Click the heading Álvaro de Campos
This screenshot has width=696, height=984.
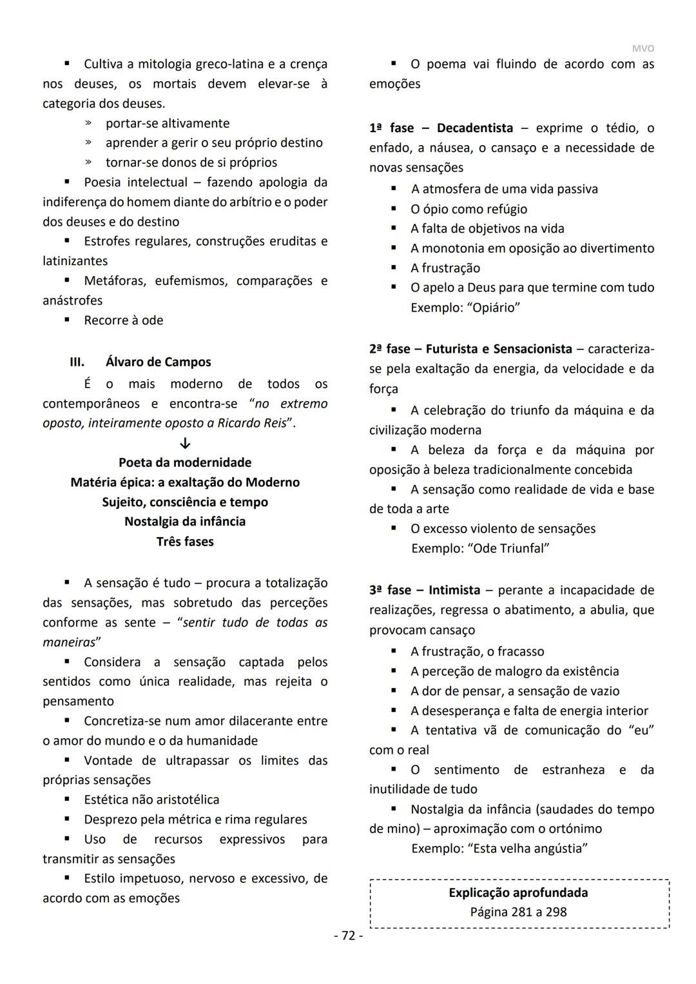pyautogui.click(x=158, y=362)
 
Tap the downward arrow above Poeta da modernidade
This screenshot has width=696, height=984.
pyautogui.click(x=185, y=444)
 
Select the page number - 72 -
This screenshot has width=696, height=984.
pyautogui.click(x=348, y=936)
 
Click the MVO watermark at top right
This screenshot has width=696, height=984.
pyautogui.click(x=643, y=48)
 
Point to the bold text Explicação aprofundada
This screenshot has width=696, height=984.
pyautogui.click(x=518, y=892)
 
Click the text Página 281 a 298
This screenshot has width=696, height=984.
pyautogui.click(x=518, y=912)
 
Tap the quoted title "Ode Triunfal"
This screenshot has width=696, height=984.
pyautogui.click(x=508, y=548)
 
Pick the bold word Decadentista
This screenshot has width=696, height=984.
pyautogui.click(x=475, y=128)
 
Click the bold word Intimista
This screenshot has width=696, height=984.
pyautogui.click(x=454, y=590)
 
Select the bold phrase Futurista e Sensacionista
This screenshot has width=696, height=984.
pyautogui.click(x=499, y=349)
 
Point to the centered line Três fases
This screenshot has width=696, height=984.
pyautogui.click(x=185, y=542)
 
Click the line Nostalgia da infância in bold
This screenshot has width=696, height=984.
pyautogui.click(x=185, y=521)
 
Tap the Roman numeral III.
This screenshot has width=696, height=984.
pyautogui.click(x=77, y=362)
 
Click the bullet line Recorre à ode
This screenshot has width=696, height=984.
pyautogui.click(x=123, y=320)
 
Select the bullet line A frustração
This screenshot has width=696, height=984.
pyautogui.click(x=445, y=268)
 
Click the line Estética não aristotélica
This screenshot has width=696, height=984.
pyautogui.click(x=151, y=800)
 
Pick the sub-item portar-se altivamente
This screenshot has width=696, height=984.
pyautogui.click(x=167, y=123)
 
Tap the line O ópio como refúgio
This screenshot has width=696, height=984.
pyautogui.click(x=469, y=209)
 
